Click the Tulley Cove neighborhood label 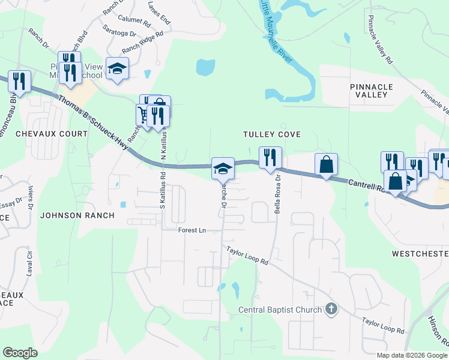point(271,134)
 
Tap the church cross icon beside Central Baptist point(330,310)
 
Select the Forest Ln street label point(191,230)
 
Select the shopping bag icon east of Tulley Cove point(326,164)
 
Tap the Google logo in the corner point(20,353)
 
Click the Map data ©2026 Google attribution point(411,355)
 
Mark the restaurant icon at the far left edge point(19,81)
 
